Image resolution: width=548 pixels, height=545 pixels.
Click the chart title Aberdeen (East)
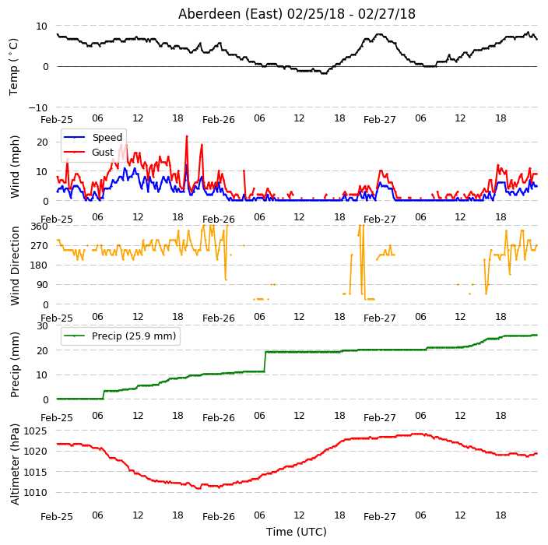click(x=230, y=14)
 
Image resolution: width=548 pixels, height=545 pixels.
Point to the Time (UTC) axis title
click(x=297, y=532)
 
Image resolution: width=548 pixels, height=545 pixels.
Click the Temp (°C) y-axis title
click(x=13, y=66)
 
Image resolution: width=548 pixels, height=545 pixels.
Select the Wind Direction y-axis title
click(x=15, y=265)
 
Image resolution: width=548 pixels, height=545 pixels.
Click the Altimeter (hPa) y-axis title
click(x=15, y=464)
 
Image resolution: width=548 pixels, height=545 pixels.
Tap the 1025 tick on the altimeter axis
click(x=35, y=431)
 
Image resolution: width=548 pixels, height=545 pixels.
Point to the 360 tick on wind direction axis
click(x=39, y=227)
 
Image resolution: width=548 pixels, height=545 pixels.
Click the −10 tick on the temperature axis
click(x=38, y=107)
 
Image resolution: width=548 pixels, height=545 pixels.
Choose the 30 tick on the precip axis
click(x=42, y=326)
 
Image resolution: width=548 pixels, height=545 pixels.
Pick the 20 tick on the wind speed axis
click(x=42, y=142)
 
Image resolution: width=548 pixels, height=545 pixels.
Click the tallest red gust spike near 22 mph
click(x=187, y=136)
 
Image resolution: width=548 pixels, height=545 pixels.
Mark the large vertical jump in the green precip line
click(x=265, y=361)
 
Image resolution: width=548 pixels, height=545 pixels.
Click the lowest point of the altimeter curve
click(x=198, y=488)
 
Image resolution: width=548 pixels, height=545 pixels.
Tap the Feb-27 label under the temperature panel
click(x=380, y=120)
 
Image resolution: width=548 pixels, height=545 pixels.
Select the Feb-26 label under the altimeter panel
click(x=219, y=517)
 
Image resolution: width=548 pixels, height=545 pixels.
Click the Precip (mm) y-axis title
click(x=15, y=364)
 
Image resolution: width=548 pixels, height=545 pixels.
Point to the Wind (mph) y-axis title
click(x=15, y=167)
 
